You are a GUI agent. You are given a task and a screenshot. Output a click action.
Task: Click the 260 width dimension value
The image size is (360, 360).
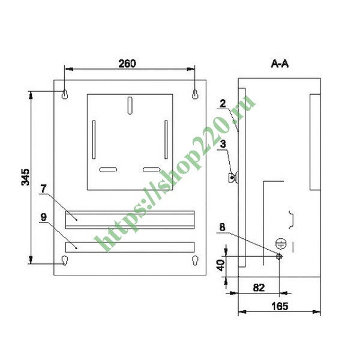click(127, 64)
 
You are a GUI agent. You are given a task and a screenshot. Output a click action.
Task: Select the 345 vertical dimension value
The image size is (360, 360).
click(25, 177)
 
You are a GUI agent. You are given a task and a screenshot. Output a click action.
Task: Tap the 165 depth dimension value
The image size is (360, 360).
click(280, 306)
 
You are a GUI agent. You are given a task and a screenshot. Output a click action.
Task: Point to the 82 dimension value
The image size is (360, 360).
click(259, 287)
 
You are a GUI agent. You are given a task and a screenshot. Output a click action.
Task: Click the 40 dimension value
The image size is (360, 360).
click(221, 265)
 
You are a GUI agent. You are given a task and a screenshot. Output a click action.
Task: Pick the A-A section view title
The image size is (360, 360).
click(280, 64)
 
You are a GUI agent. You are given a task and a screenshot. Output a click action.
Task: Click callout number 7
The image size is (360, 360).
click(44, 189)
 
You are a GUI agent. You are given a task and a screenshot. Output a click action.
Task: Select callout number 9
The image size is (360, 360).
click(43, 217)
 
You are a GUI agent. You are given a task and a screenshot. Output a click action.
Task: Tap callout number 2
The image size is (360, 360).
click(223, 104)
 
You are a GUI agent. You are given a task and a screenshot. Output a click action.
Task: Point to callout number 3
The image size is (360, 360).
click(223, 144)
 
